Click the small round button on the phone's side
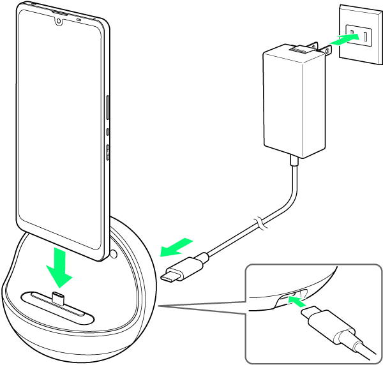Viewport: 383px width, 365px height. (x=108, y=132)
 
